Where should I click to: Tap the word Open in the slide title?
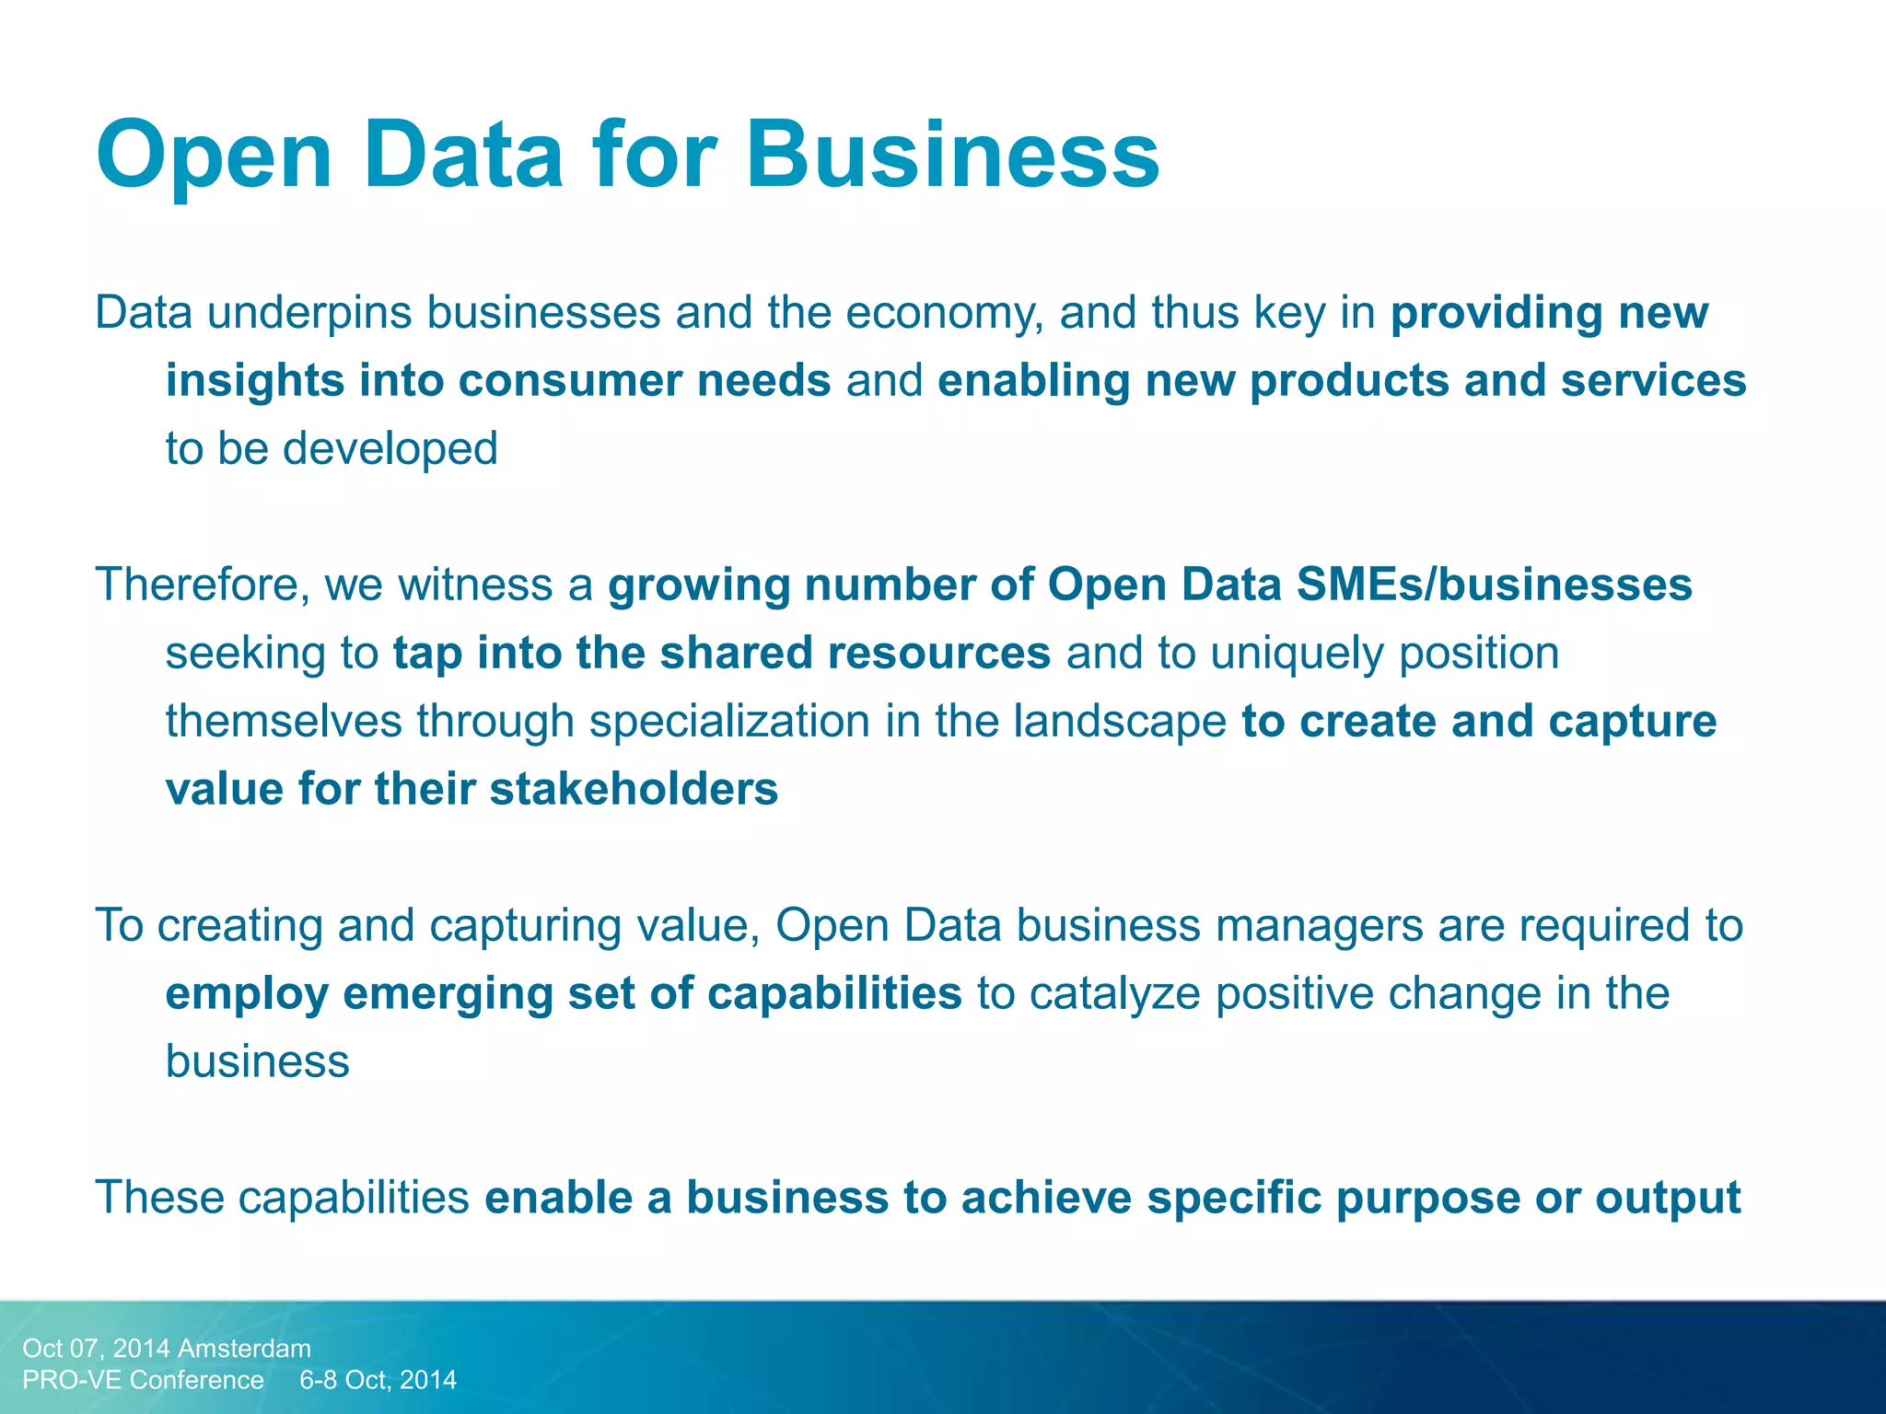(x=214, y=156)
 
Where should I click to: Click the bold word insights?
(x=254, y=381)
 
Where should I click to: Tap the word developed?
(x=390, y=449)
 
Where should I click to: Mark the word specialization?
(x=729, y=722)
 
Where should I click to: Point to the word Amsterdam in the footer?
(x=244, y=1349)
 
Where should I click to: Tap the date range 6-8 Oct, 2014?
(x=378, y=1380)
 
